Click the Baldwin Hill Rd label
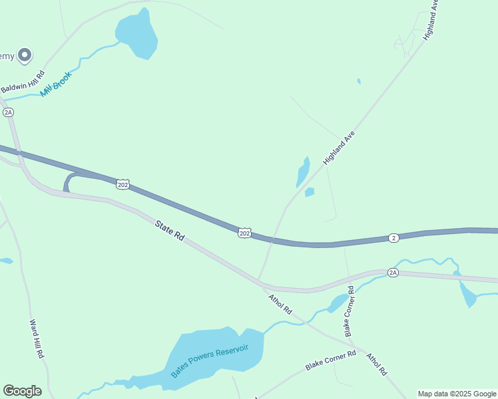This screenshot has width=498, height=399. [x=22, y=80]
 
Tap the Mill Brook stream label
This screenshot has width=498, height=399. [x=55, y=84]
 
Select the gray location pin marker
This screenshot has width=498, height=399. [x=25, y=55]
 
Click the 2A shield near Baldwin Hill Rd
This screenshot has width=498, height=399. [x=8, y=112]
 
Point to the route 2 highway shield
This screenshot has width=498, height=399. [x=393, y=237]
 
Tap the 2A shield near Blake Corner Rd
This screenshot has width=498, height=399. [x=393, y=273]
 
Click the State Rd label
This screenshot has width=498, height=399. [x=169, y=231]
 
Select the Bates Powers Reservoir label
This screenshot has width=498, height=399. [x=210, y=361]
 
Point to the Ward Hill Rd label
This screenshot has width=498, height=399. [x=37, y=339]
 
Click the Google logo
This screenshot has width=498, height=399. [x=22, y=391]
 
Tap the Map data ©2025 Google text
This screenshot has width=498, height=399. [x=457, y=394]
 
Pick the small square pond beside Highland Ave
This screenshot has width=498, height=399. [x=309, y=192]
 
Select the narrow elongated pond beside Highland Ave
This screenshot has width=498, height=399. [x=302, y=172]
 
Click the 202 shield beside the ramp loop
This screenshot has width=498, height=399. [x=123, y=184]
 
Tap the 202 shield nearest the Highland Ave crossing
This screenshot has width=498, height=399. [x=244, y=232]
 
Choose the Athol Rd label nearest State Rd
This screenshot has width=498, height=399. [x=280, y=305]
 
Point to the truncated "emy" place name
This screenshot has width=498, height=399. [x=7, y=56]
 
